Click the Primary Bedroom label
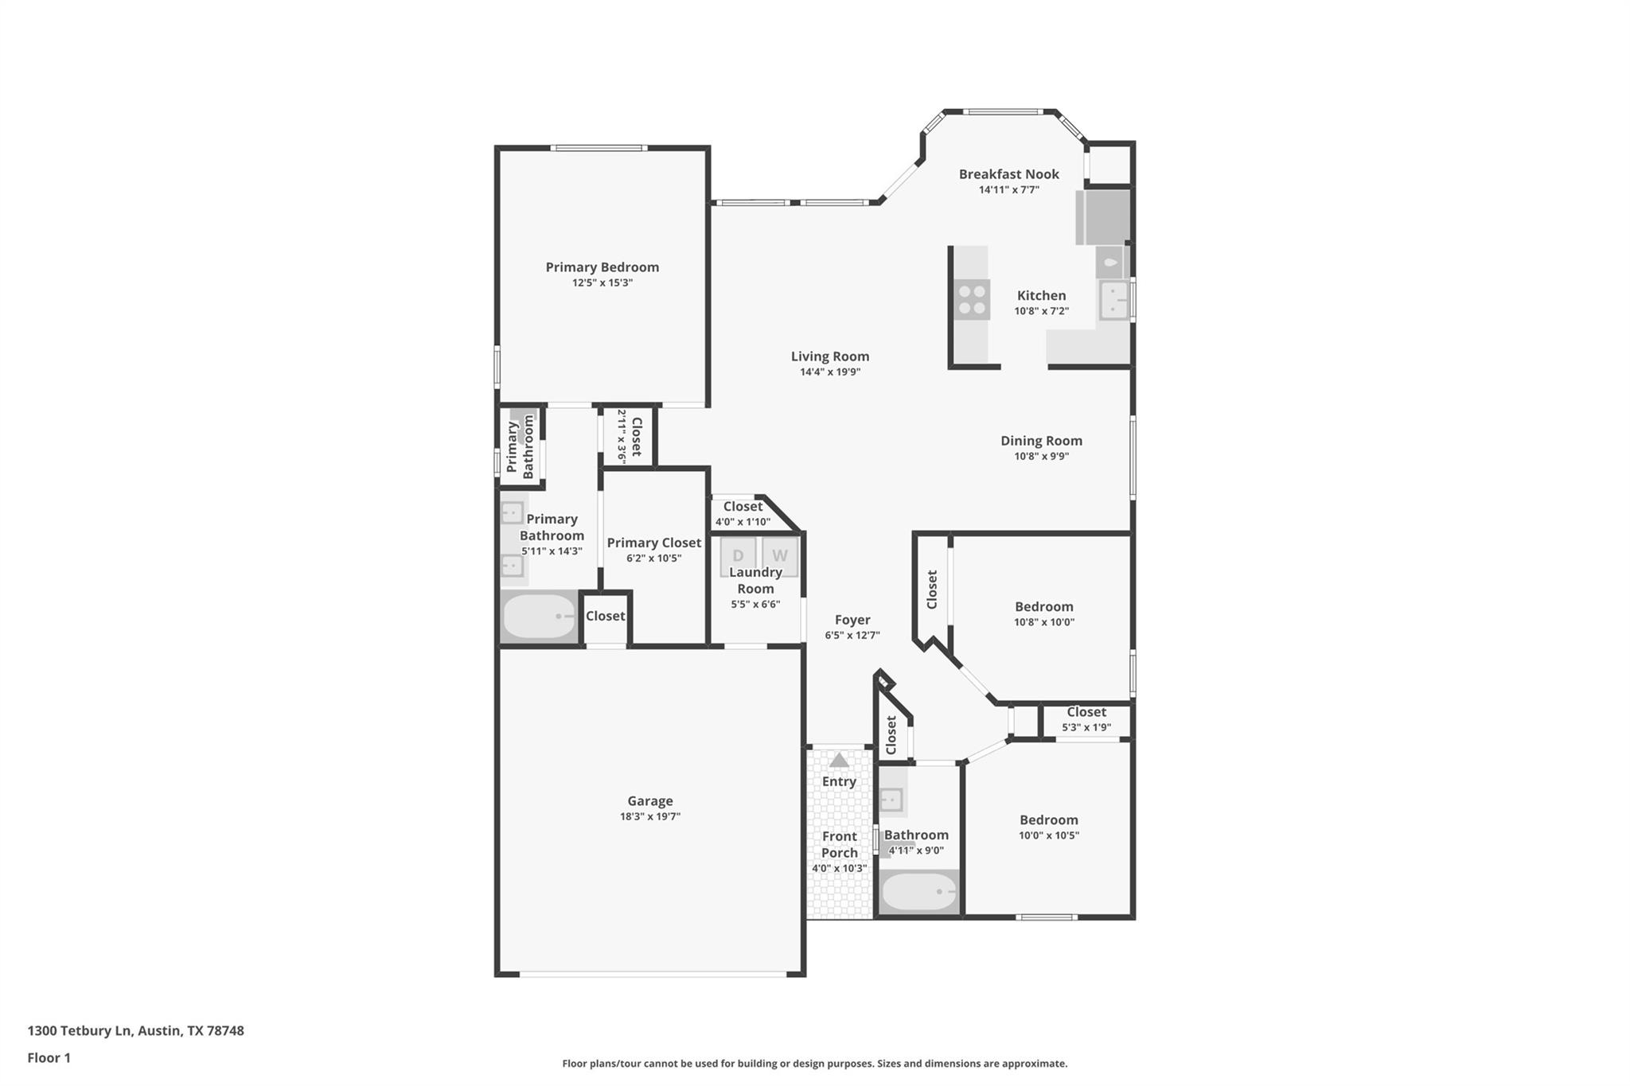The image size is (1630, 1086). [602, 267]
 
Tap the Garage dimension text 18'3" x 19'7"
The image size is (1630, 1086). [649, 816]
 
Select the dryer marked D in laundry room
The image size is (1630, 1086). [738, 555]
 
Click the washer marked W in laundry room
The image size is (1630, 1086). [779, 555]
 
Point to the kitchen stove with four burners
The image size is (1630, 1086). [972, 300]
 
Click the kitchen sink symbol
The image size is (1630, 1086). [1114, 300]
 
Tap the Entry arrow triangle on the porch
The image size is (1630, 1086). [839, 760]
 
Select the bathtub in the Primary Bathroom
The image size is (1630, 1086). [540, 617]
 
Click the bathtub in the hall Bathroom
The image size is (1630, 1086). [918, 892]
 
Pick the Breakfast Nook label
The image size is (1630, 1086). [1008, 174]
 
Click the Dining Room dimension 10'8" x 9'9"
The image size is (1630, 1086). [1041, 456]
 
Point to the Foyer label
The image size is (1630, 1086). [852, 620]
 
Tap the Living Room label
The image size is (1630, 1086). [829, 356]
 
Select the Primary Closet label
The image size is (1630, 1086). [653, 543]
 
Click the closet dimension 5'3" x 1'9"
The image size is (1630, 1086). [1086, 727]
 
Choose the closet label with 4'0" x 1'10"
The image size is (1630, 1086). [742, 507]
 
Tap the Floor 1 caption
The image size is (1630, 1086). [49, 1057]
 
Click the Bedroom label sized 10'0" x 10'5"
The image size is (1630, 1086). [1048, 820]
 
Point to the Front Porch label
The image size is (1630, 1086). [839, 844]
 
